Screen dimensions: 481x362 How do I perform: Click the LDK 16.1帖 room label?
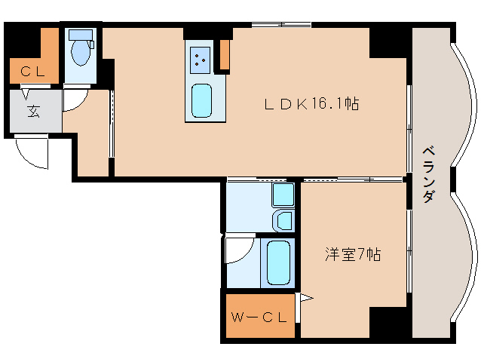tap(311, 103)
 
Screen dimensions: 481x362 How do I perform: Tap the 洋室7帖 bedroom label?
tap(353, 254)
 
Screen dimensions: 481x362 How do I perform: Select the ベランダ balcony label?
tap(429, 174)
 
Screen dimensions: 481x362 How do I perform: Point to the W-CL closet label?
tap(259, 318)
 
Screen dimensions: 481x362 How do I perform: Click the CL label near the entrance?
tap(33, 72)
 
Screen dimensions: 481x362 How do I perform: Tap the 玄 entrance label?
tap(33, 111)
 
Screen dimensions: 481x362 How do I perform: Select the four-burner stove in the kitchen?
tap(200, 60)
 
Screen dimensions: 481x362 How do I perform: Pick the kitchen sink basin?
tap(201, 100)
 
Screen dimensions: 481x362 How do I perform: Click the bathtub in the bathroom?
tap(278, 262)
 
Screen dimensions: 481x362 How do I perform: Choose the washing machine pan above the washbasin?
tap(283, 195)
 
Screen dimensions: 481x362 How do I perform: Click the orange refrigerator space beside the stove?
tap(225, 54)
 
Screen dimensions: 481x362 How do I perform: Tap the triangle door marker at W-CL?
tap(306, 298)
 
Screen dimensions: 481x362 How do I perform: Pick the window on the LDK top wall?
tap(282, 25)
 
